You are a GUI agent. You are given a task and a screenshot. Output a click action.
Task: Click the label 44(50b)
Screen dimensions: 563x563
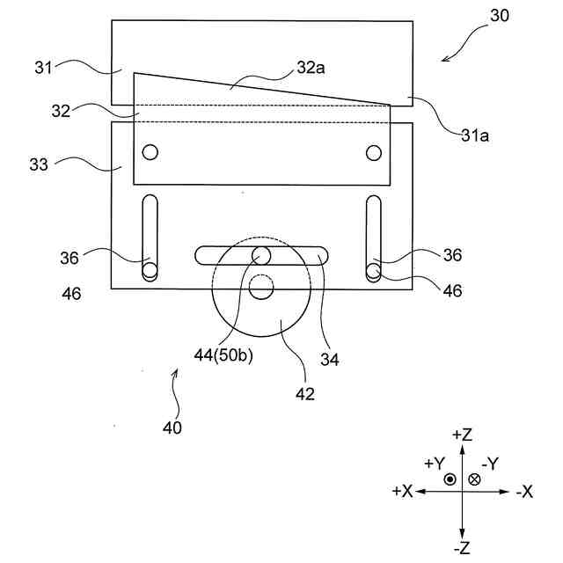[x=225, y=355]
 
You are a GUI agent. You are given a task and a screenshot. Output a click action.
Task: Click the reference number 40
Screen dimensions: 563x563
[x=172, y=429]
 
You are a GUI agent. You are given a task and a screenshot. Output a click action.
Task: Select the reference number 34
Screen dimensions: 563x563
[x=329, y=358]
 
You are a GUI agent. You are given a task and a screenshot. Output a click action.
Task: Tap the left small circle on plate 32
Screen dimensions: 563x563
[x=150, y=152]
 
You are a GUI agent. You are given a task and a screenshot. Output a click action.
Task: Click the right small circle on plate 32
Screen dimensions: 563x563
[x=374, y=153]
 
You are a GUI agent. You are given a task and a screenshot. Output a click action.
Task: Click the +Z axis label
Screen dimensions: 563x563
[x=463, y=435]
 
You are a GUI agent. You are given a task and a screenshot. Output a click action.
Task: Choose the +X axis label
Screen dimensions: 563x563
[x=402, y=492]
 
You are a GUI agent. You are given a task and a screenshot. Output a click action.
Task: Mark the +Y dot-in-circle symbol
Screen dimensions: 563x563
[x=450, y=479]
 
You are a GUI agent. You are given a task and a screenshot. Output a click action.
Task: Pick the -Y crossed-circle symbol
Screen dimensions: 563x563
[x=475, y=479]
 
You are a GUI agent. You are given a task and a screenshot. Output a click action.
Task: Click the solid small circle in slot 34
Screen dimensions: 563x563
[x=261, y=255]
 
